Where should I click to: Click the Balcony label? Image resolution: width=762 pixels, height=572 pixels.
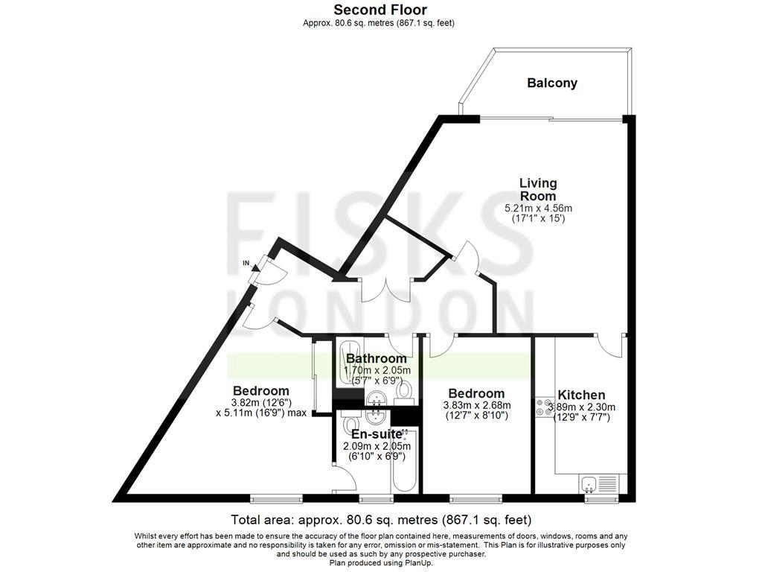pyautogui.click(x=552, y=83)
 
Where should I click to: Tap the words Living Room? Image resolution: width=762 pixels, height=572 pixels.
pyautogui.click(x=538, y=189)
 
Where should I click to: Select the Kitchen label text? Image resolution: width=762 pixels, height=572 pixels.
pyautogui.click(x=581, y=395)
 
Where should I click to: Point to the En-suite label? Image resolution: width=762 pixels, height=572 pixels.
pyautogui.click(x=376, y=434)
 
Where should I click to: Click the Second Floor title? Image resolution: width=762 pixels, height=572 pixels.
pyautogui.click(x=380, y=10)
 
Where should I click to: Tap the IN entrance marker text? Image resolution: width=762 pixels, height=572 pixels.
pyautogui.click(x=246, y=263)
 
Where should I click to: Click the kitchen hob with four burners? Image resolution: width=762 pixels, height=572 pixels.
pyautogui.click(x=543, y=407)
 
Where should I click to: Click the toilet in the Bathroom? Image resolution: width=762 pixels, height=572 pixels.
pyautogui.click(x=404, y=390)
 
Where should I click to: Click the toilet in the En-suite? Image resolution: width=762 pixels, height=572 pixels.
pyautogui.click(x=350, y=425)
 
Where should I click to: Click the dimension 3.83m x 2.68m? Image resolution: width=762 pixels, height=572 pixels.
pyautogui.click(x=476, y=405)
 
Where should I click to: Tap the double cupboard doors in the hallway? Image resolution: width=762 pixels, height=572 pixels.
pyautogui.click(x=386, y=288)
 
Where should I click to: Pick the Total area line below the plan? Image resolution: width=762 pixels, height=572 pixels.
pyautogui.click(x=381, y=519)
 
